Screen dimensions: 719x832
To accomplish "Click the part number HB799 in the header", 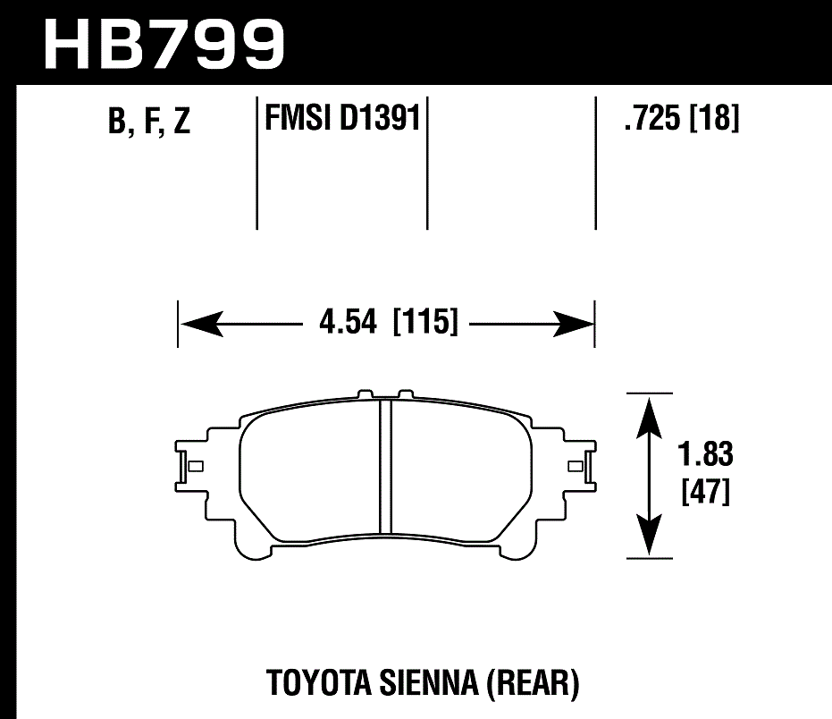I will (164, 42).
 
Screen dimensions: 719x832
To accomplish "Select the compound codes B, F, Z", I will (148, 122).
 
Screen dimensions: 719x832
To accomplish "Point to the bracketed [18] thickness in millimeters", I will (714, 118).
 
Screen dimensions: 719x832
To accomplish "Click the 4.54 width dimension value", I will (351, 322).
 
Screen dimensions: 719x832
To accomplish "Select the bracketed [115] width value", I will (425, 322).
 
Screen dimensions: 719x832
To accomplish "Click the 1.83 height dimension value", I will (704, 455).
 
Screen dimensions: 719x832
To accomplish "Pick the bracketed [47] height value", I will (704, 493).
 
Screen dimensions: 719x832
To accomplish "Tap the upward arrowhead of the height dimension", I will (649, 412).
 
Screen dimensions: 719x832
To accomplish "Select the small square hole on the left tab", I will (197, 465).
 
